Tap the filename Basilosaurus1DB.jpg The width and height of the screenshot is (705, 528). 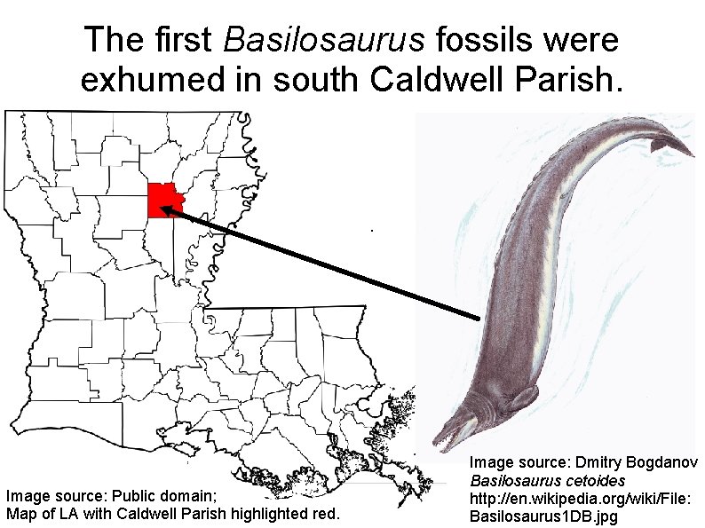[543, 516]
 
